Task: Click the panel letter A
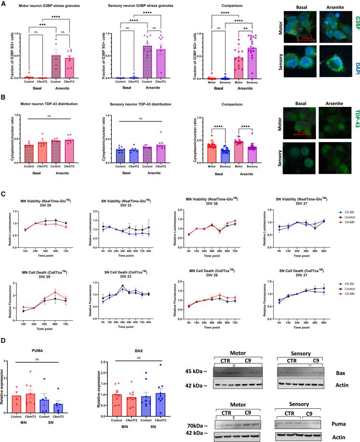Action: pyautogui.click(x=4, y=3)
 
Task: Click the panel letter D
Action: pyautogui.click(x=4, y=340)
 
